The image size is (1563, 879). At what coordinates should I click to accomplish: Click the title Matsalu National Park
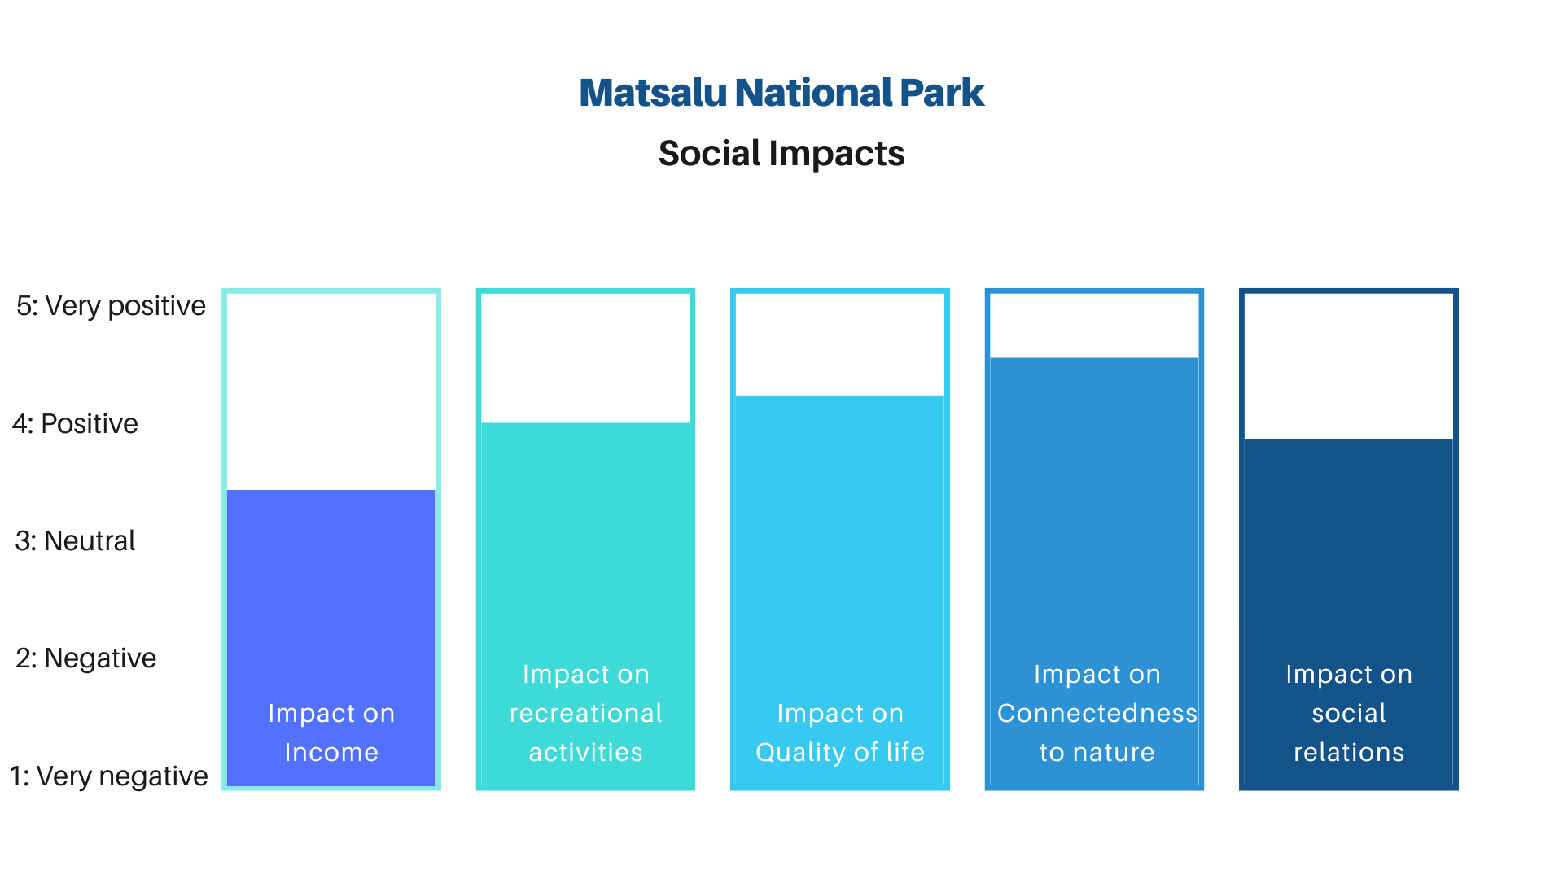(781, 93)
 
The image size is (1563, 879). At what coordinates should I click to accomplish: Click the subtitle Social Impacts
(781, 154)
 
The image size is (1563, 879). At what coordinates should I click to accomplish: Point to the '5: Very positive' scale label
(111, 306)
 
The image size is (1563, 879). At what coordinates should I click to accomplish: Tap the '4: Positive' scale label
(75, 424)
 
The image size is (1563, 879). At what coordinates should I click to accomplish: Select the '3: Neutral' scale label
(75, 541)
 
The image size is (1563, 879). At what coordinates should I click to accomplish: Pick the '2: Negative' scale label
(85, 658)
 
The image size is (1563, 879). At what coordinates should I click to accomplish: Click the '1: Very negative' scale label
(108, 776)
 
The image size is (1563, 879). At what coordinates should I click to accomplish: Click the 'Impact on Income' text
(331, 732)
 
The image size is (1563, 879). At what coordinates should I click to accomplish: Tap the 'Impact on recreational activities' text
(586, 713)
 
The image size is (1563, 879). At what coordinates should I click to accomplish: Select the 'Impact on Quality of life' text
(840, 732)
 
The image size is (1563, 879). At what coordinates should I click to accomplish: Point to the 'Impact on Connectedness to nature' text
(1097, 713)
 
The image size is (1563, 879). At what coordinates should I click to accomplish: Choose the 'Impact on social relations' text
(1349, 713)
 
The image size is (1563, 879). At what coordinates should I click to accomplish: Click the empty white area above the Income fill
(331, 391)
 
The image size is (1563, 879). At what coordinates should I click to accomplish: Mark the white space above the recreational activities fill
(586, 358)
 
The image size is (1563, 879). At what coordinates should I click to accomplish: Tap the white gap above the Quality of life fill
(840, 344)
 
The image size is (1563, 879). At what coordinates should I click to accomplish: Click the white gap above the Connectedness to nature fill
(1094, 326)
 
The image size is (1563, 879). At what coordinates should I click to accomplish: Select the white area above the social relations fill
(1349, 366)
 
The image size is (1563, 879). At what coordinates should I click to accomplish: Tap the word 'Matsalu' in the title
(653, 93)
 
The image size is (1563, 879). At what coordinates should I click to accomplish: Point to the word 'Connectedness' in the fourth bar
(1097, 714)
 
